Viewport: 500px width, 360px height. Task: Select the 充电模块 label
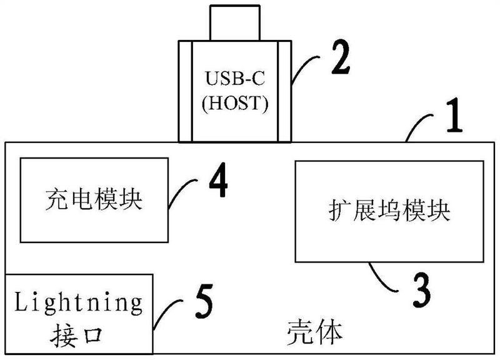coord(94,200)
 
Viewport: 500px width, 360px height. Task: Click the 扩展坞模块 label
coord(389,210)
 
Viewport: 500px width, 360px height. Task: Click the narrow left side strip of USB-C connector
coord(185,91)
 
